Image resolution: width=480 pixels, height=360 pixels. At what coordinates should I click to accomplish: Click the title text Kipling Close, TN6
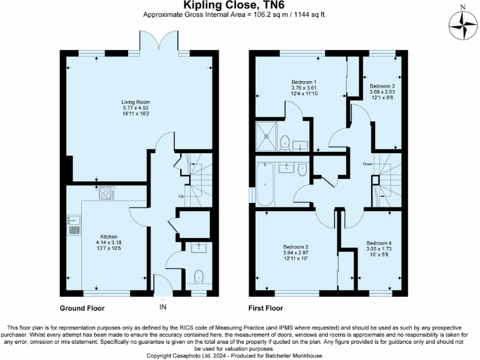239,6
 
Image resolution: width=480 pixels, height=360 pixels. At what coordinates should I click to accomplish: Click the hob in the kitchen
106,194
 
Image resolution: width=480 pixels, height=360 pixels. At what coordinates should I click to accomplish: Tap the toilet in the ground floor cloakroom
199,276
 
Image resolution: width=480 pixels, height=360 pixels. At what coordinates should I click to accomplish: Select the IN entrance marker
163,307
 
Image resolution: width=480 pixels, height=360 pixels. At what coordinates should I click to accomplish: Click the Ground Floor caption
82,308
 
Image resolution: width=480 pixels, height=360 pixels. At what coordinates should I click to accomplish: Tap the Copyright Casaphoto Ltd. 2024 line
239,355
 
